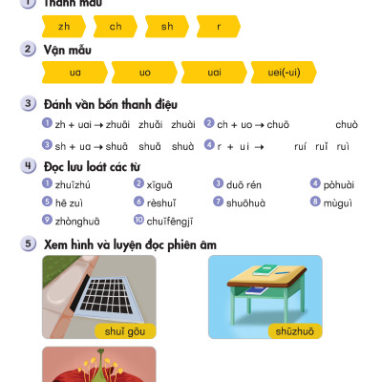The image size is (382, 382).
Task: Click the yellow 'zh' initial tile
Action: [x=64, y=27]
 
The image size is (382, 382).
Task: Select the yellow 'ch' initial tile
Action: [x=116, y=27]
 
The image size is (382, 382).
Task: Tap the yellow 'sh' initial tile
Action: [x=167, y=27]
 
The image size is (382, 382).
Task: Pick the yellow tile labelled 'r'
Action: [x=219, y=27]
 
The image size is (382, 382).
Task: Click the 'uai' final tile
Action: [x=214, y=72]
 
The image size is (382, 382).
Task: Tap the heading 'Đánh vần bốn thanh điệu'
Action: [x=110, y=104]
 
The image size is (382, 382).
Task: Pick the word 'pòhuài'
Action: [x=338, y=184]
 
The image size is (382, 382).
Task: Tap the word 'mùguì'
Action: [x=338, y=202]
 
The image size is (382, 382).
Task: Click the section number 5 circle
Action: [x=29, y=244]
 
